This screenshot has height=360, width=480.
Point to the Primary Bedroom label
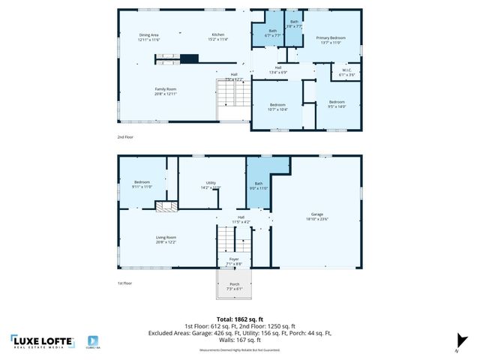click(331, 40)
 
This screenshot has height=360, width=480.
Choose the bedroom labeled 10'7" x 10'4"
click(277, 106)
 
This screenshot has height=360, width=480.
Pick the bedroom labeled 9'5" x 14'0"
click(336, 104)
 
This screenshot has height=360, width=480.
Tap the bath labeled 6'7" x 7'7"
click(272, 33)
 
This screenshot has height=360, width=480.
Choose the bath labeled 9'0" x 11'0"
click(258, 186)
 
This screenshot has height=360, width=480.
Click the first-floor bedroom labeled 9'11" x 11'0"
click(142, 184)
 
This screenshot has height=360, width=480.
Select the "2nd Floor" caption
click(125, 137)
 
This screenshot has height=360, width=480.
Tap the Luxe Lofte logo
click(43, 341)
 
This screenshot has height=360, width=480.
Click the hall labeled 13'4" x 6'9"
click(278, 70)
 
